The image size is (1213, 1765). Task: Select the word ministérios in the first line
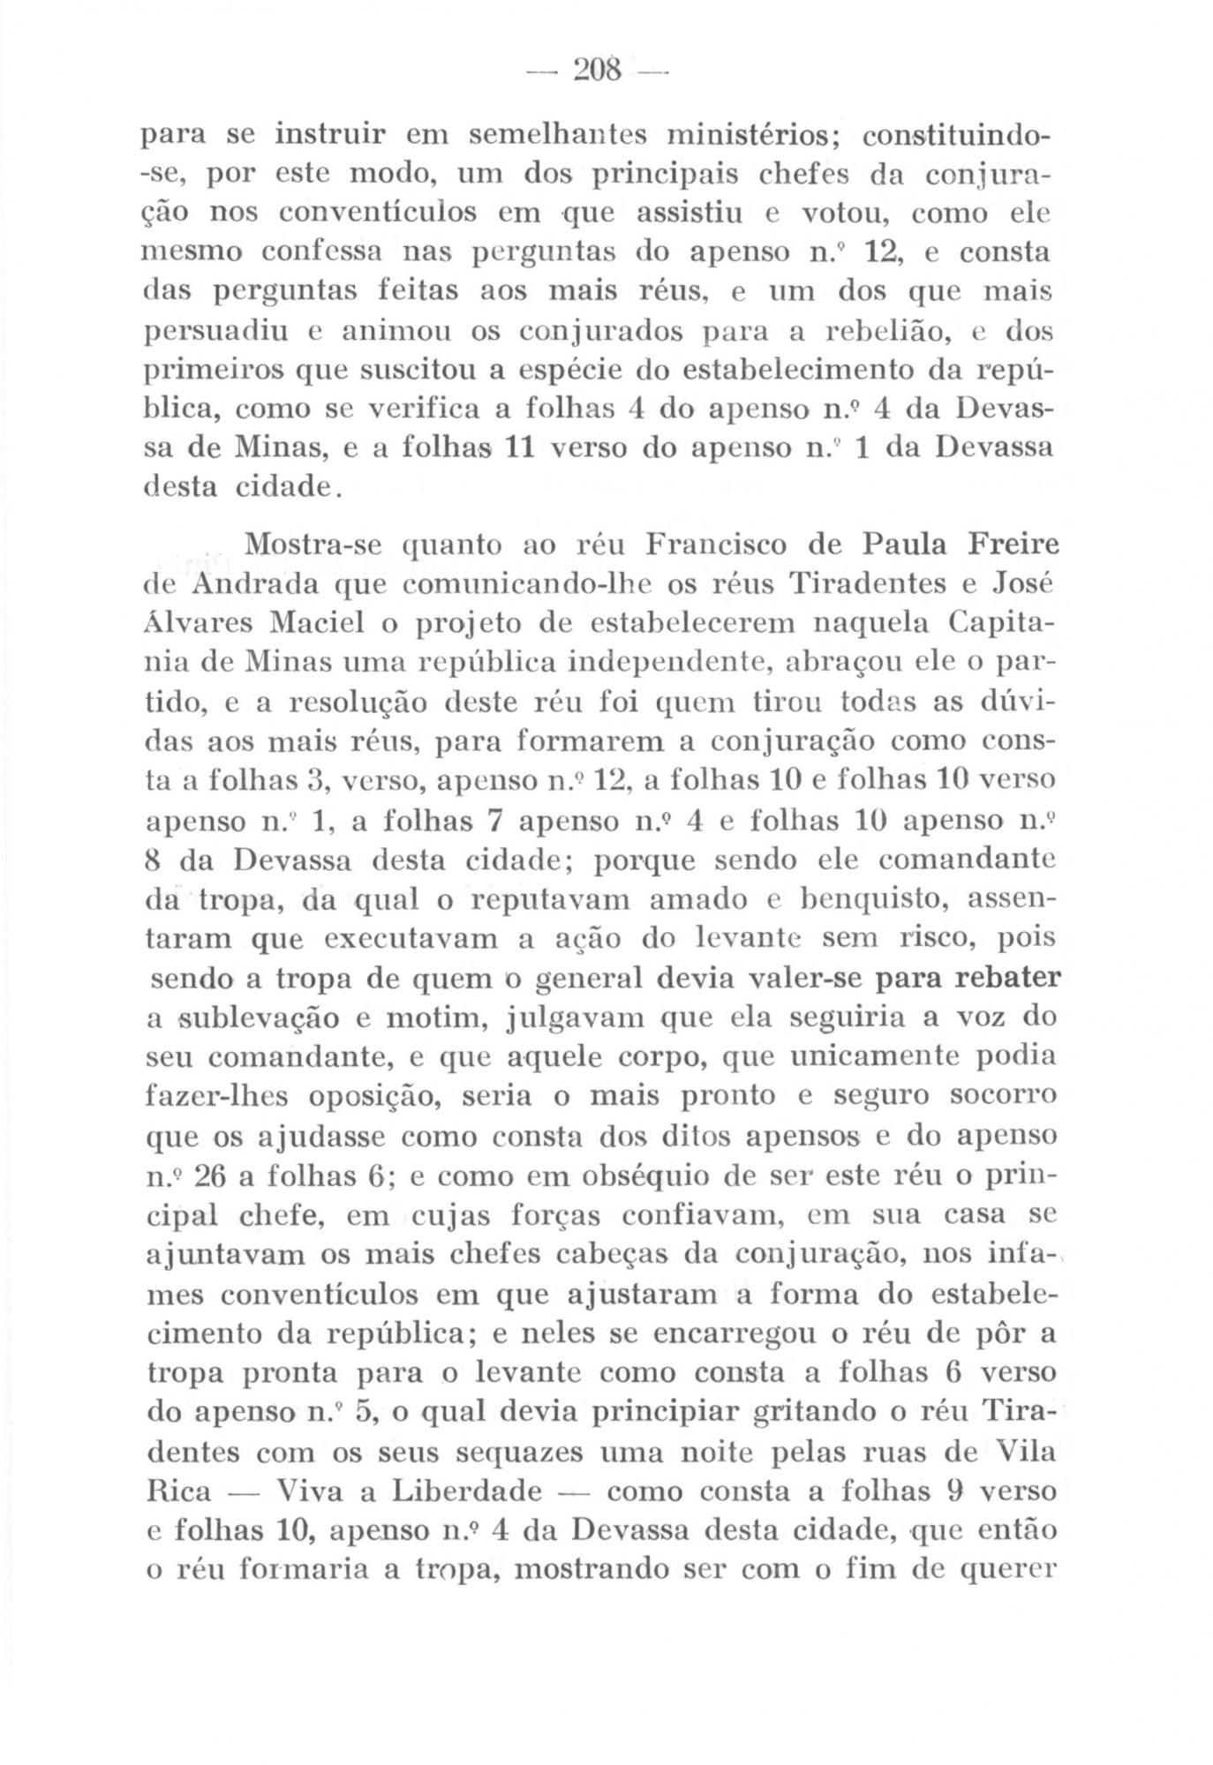coord(746,136)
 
